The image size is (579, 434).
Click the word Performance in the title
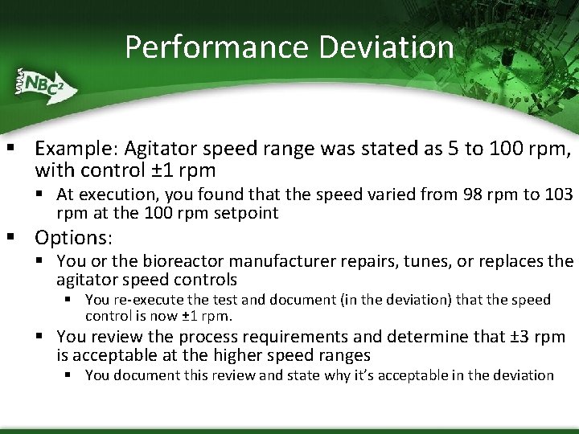pyautogui.click(x=216, y=47)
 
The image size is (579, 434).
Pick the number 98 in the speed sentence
pyautogui.click(x=474, y=194)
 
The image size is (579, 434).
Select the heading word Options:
pyautogui.click(x=74, y=238)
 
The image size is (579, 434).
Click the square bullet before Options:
pyautogui.click(x=12, y=238)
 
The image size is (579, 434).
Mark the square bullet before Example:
pyautogui.click(x=12, y=149)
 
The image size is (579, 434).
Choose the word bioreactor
pyautogui.click(x=182, y=261)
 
